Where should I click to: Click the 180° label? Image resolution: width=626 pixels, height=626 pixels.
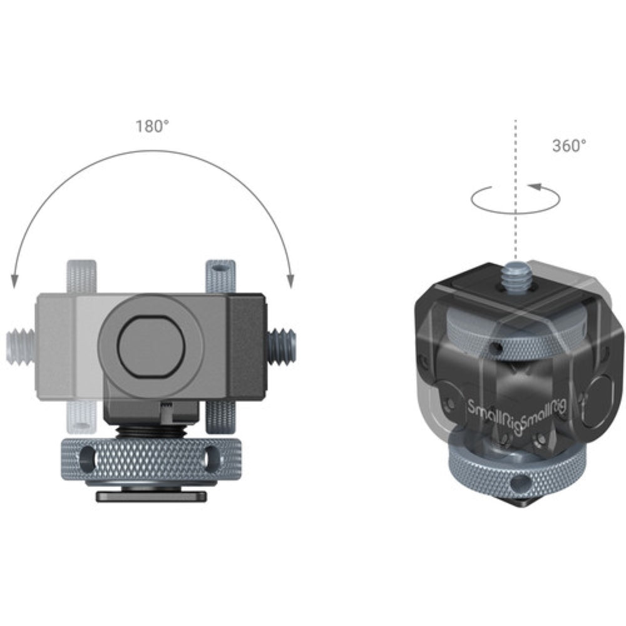pos(152,126)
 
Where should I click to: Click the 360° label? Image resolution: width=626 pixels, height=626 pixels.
pos(569,146)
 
